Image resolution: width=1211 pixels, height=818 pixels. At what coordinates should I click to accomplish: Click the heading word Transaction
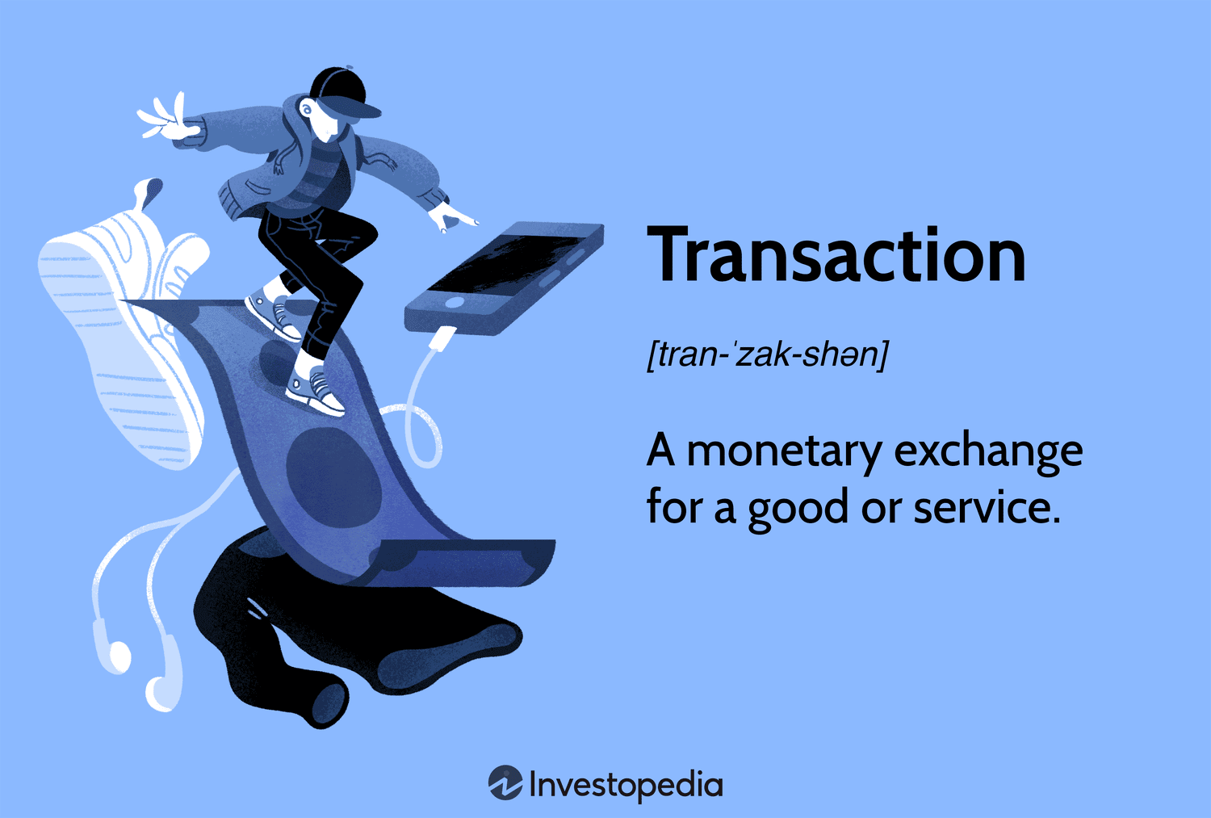coord(836,256)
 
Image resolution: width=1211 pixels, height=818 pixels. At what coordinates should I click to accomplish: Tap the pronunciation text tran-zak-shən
coord(767,354)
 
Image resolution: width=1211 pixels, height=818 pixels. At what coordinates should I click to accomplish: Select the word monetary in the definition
coord(783,451)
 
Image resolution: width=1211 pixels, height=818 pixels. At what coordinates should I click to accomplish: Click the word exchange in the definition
coord(988,451)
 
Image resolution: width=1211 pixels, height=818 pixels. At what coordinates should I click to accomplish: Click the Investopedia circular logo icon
coord(505,783)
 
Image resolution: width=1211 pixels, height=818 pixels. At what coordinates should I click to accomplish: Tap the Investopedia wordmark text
coord(626,785)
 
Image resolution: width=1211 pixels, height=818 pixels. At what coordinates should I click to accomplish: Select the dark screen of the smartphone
coord(509,262)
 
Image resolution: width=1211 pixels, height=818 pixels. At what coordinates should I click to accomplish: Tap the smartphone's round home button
coord(455,303)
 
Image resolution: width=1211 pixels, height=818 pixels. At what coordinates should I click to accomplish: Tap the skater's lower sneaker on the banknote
coord(315,391)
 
